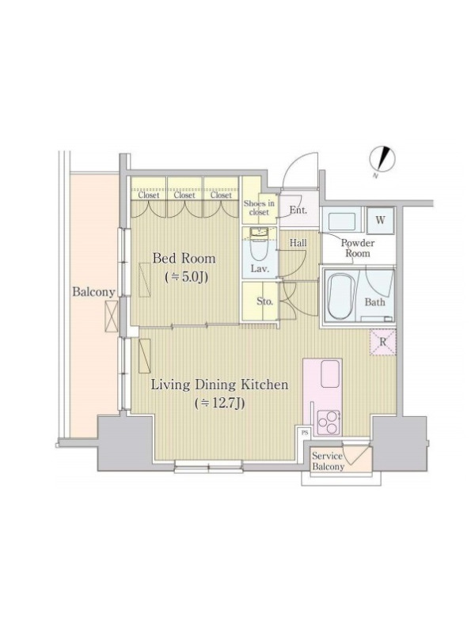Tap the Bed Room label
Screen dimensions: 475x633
(x=184, y=259)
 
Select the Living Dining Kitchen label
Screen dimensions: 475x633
(x=220, y=385)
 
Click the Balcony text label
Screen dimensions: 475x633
(x=93, y=292)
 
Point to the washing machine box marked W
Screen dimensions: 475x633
(x=381, y=221)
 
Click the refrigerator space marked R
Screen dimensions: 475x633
(x=383, y=343)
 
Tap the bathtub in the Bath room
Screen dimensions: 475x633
(x=340, y=298)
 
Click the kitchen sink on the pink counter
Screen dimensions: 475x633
(x=329, y=374)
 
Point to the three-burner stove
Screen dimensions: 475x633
(x=329, y=423)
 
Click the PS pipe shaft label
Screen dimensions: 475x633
(x=305, y=433)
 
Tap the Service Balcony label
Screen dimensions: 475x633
(x=328, y=461)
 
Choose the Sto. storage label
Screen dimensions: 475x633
(x=265, y=301)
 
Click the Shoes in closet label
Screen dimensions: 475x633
(x=259, y=207)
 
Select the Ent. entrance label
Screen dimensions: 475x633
(x=298, y=210)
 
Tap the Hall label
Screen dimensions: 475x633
(x=298, y=243)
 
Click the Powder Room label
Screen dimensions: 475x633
(x=358, y=248)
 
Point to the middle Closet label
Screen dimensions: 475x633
(x=184, y=195)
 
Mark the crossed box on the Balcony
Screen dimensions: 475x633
(x=111, y=316)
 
